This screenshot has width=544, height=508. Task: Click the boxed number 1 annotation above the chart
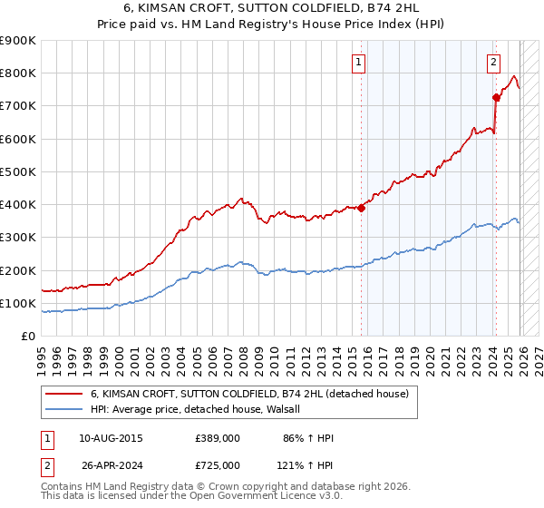pyautogui.click(x=359, y=63)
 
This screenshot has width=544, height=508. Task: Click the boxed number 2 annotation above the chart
pyautogui.click(x=493, y=63)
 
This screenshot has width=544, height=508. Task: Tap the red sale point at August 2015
pyautogui.click(x=361, y=208)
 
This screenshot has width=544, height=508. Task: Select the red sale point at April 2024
pyautogui.click(x=496, y=97)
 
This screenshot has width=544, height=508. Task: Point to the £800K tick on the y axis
pyautogui.click(x=18, y=73)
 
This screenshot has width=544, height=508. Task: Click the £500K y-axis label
pyautogui.click(x=18, y=171)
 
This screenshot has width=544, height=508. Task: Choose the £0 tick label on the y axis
pyautogui.click(x=28, y=337)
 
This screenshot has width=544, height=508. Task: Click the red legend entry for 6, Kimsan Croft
pyautogui.click(x=249, y=394)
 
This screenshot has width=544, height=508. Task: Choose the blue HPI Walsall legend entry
pyautogui.click(x=201, y=409)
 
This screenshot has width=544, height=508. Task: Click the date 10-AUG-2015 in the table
pyautogui.click(x=111, y=438)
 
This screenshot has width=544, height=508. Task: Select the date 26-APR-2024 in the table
pyautogui.click(x=111, y=465)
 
